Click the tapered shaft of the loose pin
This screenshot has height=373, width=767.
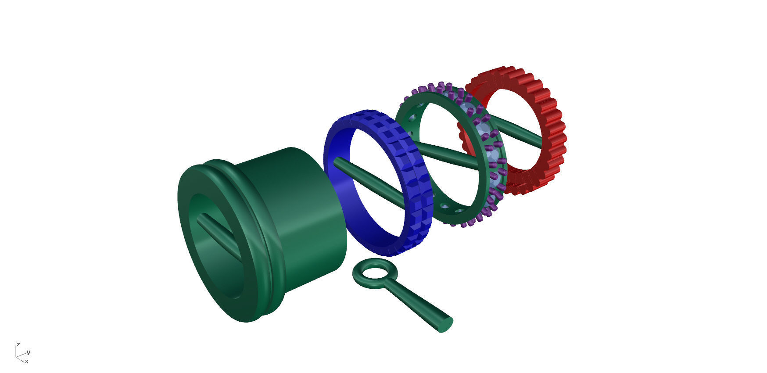coord(417,303)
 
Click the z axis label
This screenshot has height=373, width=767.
coord(18,344)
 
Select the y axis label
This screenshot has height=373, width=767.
coord(29,352)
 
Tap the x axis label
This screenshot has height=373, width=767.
coord(27,361)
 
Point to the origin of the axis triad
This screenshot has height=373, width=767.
coord(17,356)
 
